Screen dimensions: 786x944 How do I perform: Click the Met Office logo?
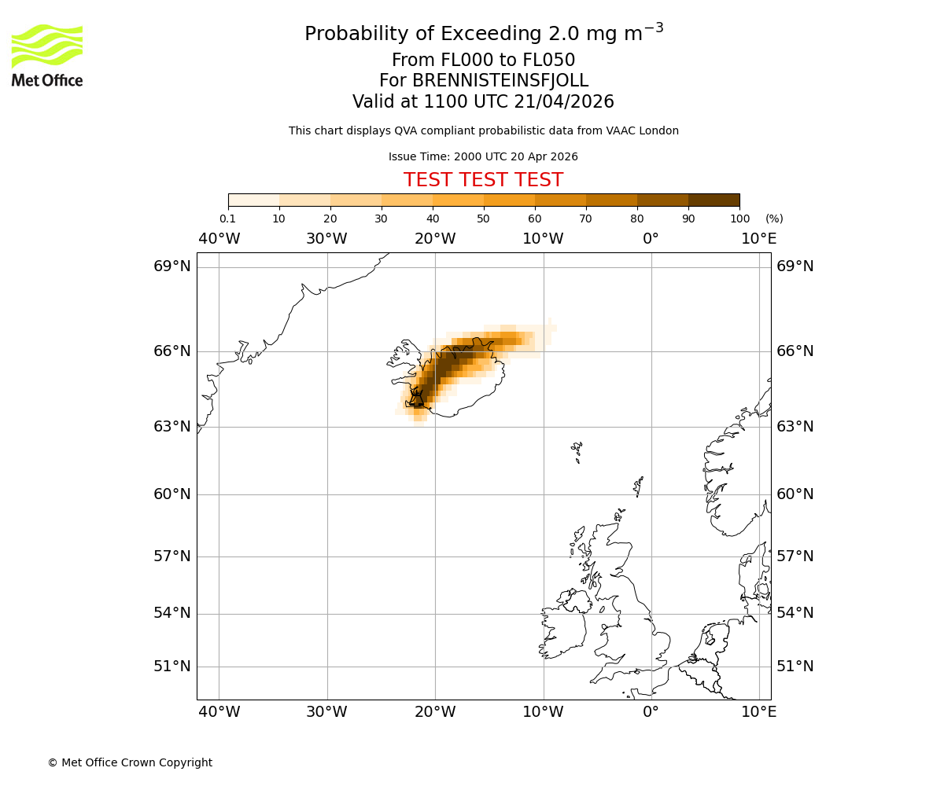[47, 55]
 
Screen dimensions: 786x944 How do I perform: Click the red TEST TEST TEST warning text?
[483, 180]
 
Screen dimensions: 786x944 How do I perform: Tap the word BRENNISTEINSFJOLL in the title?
[483, 81]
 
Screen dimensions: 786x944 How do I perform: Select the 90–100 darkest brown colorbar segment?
[714, 200]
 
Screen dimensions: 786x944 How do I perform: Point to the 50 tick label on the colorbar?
[483, 219]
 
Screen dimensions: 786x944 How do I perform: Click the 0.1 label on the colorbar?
[227, 219]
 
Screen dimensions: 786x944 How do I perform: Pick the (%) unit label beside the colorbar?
[774, 219]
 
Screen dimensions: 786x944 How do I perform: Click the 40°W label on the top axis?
[219, 239]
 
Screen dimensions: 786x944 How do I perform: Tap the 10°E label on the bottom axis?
[759, 712]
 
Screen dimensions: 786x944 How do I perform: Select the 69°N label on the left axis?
[171, 266]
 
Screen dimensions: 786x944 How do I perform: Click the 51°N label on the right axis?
[795, 667]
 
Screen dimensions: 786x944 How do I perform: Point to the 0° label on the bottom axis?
[651, 712]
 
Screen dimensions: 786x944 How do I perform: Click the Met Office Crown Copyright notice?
[130, 762]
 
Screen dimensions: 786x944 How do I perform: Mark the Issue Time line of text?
[483, 157]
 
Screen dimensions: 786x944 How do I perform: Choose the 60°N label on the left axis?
[171, 494]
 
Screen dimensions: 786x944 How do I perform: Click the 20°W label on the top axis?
[435, 239]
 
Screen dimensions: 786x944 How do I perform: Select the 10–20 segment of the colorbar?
[304, 200]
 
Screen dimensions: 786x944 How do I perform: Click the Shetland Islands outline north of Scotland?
[638, 486]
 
